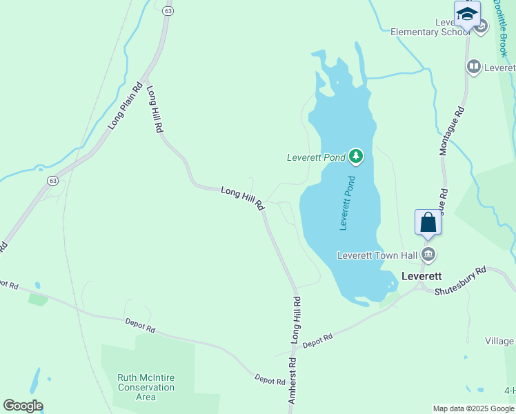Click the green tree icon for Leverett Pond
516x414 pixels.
356,157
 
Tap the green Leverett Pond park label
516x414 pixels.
316,157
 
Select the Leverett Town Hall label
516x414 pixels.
377,255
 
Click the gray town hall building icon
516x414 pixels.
428,255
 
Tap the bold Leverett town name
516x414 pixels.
421,275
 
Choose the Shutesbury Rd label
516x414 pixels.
460,281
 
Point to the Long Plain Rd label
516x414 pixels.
125,106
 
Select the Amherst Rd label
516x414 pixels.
292,379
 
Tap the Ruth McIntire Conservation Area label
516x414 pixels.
146,387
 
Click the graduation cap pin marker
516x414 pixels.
467,14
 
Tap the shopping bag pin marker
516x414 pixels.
428,222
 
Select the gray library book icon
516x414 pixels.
473,67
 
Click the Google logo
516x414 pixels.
23,405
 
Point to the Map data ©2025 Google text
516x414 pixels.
473,408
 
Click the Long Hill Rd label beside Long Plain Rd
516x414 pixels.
155,108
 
